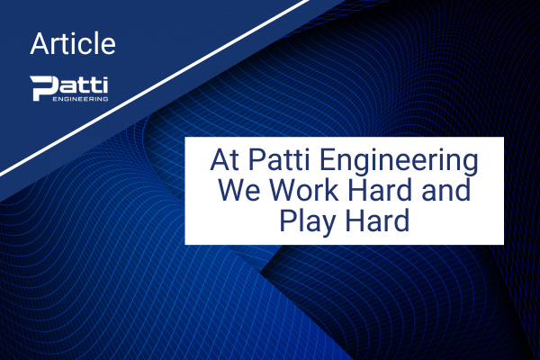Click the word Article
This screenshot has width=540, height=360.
point(73,43)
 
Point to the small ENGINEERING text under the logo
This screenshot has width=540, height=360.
point(80,99)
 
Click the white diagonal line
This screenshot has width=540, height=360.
point(154,87)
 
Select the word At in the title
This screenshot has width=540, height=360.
point(224,160)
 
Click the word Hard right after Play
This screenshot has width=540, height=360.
point(377,220)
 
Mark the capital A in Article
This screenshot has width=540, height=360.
point(40,43)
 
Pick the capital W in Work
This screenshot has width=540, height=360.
point(284,190)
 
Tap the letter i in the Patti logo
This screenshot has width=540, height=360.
point(105,85)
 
